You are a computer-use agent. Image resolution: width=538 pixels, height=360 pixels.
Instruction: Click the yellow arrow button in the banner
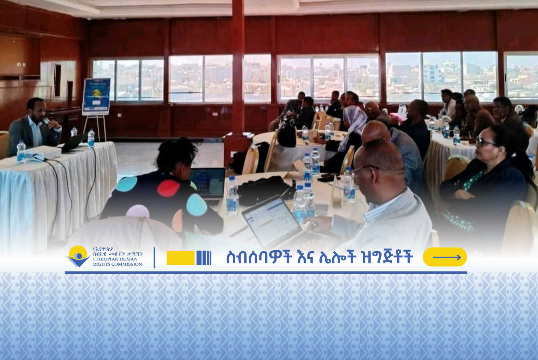(x=445, y=257)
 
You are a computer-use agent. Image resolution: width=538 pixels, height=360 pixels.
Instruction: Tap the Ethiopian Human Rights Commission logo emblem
(x=78, y=256)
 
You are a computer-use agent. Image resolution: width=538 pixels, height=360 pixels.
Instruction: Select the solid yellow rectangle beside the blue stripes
(x=181, y=258)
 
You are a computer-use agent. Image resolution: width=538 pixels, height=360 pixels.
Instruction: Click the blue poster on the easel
(x=96, y=96)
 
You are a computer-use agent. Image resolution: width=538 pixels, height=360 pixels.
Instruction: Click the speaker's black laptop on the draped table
(x=72, y=143)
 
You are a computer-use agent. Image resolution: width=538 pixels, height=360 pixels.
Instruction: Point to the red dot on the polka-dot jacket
(x=168, y=188)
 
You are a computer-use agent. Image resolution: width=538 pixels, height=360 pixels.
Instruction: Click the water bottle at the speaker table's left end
(x=21, y=152)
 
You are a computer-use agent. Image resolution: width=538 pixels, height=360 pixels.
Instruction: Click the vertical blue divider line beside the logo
(x=154, y=258)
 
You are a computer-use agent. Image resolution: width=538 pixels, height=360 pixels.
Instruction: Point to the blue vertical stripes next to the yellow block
(x=204, y=258)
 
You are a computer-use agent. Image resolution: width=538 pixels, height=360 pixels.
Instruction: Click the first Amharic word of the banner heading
(x=259, y=257)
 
